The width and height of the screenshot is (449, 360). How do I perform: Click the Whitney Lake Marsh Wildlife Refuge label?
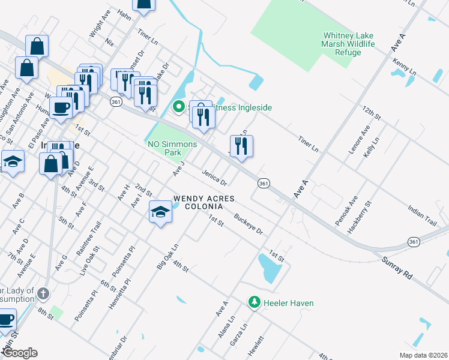click(349, 44)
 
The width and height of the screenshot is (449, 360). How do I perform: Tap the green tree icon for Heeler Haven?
click(255, 302)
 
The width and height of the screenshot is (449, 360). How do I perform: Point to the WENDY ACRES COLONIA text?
click(198, 202)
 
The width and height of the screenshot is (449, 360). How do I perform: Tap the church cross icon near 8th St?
click(42, 293)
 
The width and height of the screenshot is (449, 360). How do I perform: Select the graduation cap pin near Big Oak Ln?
click(160, 212)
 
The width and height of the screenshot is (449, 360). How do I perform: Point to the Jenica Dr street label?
click(214, 178)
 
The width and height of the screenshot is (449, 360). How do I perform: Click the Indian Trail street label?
click(421, 215)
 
